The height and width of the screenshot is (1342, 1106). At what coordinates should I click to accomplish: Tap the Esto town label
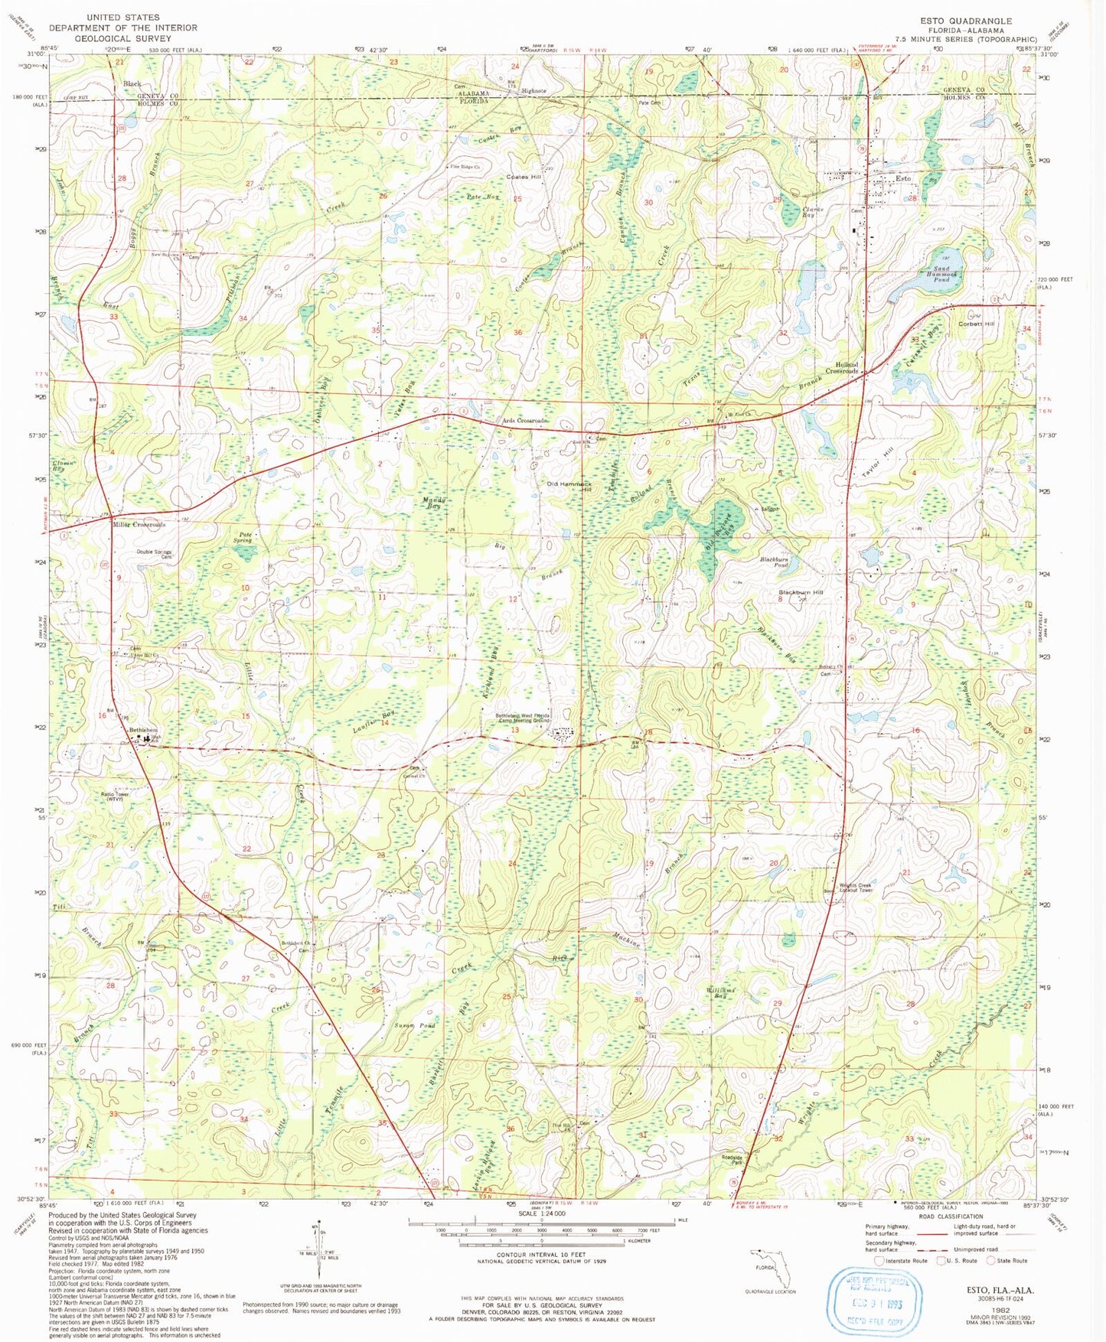903,178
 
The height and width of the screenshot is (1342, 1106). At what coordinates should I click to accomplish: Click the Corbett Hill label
977,324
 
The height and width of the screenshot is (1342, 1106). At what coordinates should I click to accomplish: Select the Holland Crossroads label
842,368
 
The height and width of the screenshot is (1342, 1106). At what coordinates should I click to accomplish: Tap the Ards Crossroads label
525,421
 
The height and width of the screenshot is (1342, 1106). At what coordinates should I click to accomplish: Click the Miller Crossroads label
139,525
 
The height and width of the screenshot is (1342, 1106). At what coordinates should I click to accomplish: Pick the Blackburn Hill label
801,592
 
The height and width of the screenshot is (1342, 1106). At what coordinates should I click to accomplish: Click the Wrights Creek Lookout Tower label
855,888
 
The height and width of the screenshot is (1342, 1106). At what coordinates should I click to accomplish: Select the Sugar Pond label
415,1025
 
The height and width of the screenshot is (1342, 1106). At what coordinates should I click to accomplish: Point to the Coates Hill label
524,177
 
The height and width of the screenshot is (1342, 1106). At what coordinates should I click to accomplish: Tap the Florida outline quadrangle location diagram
770,1269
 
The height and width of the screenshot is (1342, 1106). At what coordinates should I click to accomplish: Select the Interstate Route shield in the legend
879,1260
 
